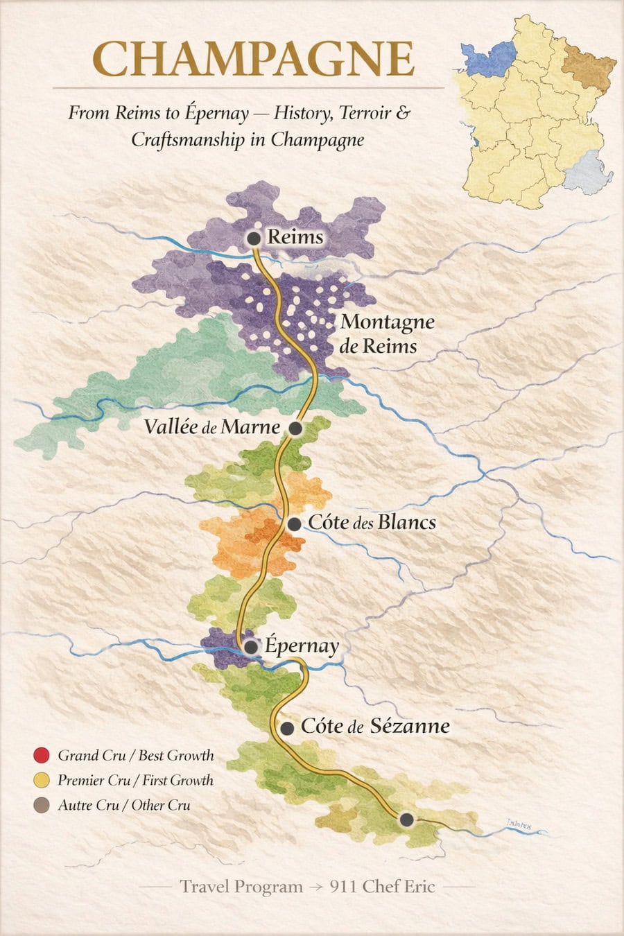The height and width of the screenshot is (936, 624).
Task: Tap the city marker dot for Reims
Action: [x=254, y=239]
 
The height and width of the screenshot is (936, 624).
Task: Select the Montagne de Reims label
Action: [x=387, y=333]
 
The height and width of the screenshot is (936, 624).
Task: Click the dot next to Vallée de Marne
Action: [x=295, y=428]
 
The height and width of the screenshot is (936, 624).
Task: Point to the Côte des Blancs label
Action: [x=372, y=522]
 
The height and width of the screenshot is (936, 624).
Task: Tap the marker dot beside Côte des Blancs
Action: [x=295, y=523]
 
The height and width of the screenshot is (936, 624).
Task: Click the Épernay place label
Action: [x=302, y=646]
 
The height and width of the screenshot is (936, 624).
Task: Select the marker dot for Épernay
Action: [x=250, y=647]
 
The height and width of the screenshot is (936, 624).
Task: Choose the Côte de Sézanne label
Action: [x=375, y=726]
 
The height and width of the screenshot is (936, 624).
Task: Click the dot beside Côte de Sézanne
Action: [x=287, y=728]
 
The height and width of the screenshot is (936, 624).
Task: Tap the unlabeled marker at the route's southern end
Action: [x=407, y=820]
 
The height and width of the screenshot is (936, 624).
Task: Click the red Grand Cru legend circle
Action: [x=42, y=755]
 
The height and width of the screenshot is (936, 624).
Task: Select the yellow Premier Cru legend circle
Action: [x=42, y=780]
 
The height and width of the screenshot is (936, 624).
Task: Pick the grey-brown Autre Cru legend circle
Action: [x=42, y=805]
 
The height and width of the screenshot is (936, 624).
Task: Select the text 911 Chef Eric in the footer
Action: [x=382, y=886]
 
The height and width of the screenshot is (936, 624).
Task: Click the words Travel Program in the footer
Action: [x=241, y=886]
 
